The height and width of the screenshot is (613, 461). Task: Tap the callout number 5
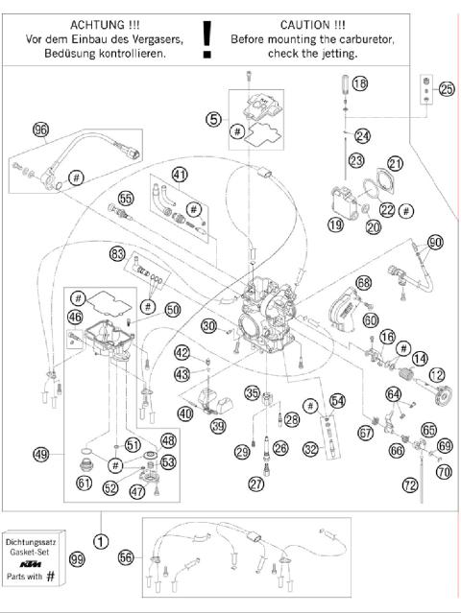click(x=213, y=119)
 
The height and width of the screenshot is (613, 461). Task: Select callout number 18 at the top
click(x=358, y=84)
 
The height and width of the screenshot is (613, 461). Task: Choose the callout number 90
click(x=434, y=243)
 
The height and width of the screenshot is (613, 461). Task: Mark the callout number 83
click(x=117, y=254)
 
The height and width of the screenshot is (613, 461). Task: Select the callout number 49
click(x=40, y=454)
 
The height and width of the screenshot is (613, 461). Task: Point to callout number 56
click(x=127, y=556)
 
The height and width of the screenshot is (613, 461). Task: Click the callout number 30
click(x=207, y=326)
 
